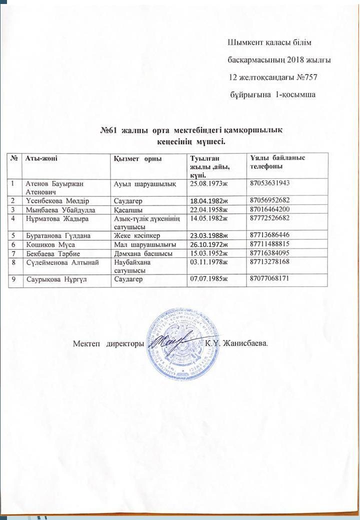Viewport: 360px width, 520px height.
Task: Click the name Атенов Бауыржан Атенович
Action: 48,187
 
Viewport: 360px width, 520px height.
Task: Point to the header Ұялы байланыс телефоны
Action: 278,161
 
